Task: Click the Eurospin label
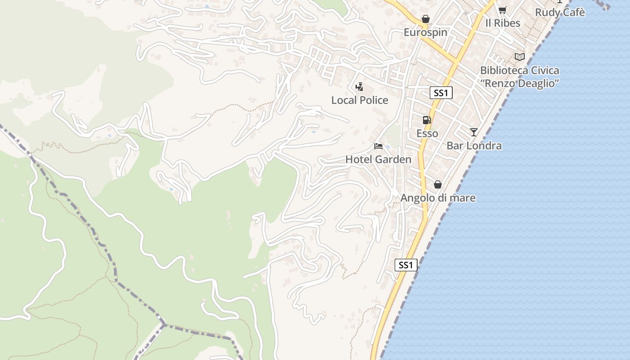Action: pyautogui.click(x=425, y=32)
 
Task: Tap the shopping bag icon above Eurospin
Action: pyautogui.click(x=425, y=19)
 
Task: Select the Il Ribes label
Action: pyautogui.click(x=503, y=23)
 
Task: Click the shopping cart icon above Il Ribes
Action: pyautogui.click(x=502, y=10)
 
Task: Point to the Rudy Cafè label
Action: pyautogui.click(x=560, y=13)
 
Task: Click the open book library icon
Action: pyautogui.click(x=520, y=57)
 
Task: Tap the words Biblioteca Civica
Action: pyautogui.click(x=520, y=70)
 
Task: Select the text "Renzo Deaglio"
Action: pyautogui.click(x=520, y=83)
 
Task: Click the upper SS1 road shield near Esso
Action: pyautogui.click(x=441, y=93)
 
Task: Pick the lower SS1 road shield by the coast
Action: pyautogui.click(x=406, y=265)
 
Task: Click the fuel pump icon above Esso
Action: pyautogui.click(x=427, y=120)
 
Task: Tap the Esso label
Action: pyautogui.click(x=427, y=134)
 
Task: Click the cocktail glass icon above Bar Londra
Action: pyautogui.click(x=474, y=132)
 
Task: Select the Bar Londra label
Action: pyautogui.click(x=474, y=146)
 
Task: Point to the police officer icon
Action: pyautogui.click(x=360, y=86)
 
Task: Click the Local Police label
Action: pyautogui.click(x=360, y=100)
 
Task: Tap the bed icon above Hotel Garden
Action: pyautogui.click(x=378, y=146)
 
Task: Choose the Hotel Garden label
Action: pyautogui.click(x=378, y=160)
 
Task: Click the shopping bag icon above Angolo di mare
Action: pyautogui.click(x=437, y=184)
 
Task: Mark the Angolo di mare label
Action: pyautogui.click(x=438, y=198)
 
